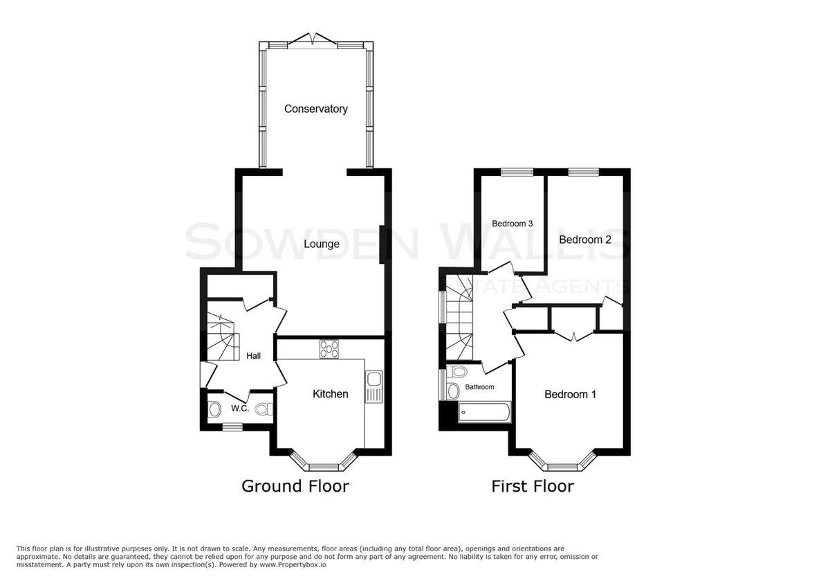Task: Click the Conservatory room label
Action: (315, 109)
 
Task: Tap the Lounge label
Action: (322, 244)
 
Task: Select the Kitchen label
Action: (330, 393)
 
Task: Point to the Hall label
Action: (253, 356)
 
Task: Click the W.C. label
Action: (240, 409)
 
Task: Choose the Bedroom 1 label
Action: (570, 394)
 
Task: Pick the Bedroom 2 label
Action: (584, 240)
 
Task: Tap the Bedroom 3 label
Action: (512, 224)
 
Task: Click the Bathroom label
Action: (479, 387)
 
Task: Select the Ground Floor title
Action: (295, 486)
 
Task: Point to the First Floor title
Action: (533, 486)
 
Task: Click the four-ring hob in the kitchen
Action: (329, 349)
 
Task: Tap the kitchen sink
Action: (373, 386)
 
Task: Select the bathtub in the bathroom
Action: (484, 412)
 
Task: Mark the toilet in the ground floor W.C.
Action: (264, 409)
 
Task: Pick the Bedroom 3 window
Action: (517, 172)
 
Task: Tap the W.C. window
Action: (232, 427)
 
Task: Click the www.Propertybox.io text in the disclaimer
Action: (293, 564)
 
